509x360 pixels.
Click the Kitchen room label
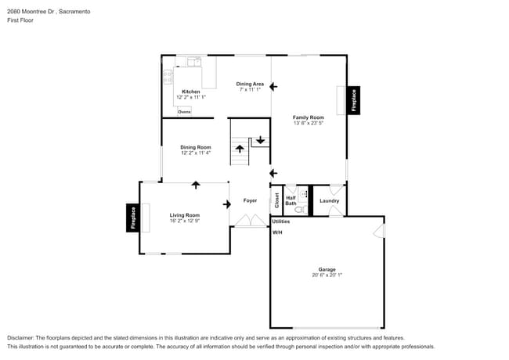pyautogui.click(x=191, y=92)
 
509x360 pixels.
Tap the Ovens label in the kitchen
pyautogui.click(x=184, y=112)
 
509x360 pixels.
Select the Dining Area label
pyautogui.click(x=250, y=83)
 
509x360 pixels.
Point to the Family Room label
pyautogui.click(x=308, y=117)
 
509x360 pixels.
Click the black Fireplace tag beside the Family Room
pyautogui.click(x=353, y=101)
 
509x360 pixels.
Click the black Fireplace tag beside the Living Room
pyautogui.click(x=132, y=218)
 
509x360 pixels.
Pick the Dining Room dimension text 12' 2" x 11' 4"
pyautogui.click(x=196, y=153)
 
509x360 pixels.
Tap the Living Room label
pyautogui.click(x=185, y=215)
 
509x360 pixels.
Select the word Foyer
pyautogui.click(x=250, y=200)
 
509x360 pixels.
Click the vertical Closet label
pyautogui.click(x=276, y=200)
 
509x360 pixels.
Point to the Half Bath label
pyautogui.click(x=291, y=200)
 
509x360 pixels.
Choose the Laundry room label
pyautogui.click(x=329, y=200)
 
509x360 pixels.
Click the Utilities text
pyautogui.click(x=281, y=221)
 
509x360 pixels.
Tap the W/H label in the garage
pyautogui.click(x=277, y=232)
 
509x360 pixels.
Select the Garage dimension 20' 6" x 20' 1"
pyautogui.click(x=327, y=275)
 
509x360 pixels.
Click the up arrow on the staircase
pyautogui.click(x=240, y=148)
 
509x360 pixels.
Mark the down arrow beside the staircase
pyautogui.click(x=260, y=141)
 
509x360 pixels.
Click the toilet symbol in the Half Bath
pyautogui.click(x=299, y=209)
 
